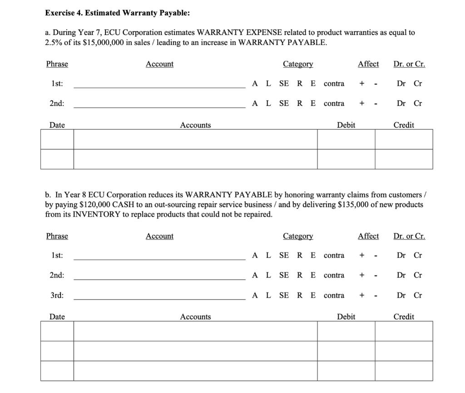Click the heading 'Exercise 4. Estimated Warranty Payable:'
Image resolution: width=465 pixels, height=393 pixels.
(x=117, y=13)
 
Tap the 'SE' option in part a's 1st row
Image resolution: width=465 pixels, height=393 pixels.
(x=284, y=83)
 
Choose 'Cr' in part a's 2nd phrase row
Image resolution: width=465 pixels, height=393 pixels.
(x=418, y=103)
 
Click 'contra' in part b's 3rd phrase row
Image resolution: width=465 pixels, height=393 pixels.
(x=334, y=295)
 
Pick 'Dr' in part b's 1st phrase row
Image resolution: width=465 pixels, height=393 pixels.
(x=401, y=255)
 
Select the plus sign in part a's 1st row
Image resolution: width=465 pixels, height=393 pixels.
(x=361, y=83)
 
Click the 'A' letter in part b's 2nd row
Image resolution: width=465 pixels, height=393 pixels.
(x=255, y=275)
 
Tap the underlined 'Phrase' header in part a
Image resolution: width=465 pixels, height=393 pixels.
(x=57, y=64)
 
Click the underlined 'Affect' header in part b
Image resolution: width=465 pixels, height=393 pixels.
(x=368, y=236)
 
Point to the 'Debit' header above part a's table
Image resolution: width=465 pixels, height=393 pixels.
(x=346, y=125)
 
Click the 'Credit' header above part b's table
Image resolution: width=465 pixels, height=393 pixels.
(x=404, y=317)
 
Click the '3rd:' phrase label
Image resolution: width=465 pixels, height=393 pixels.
(x=57, y=295)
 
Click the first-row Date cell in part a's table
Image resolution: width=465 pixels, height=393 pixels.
(x=57, y=139)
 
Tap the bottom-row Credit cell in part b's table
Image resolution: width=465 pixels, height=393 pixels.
(x=404, y=371)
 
